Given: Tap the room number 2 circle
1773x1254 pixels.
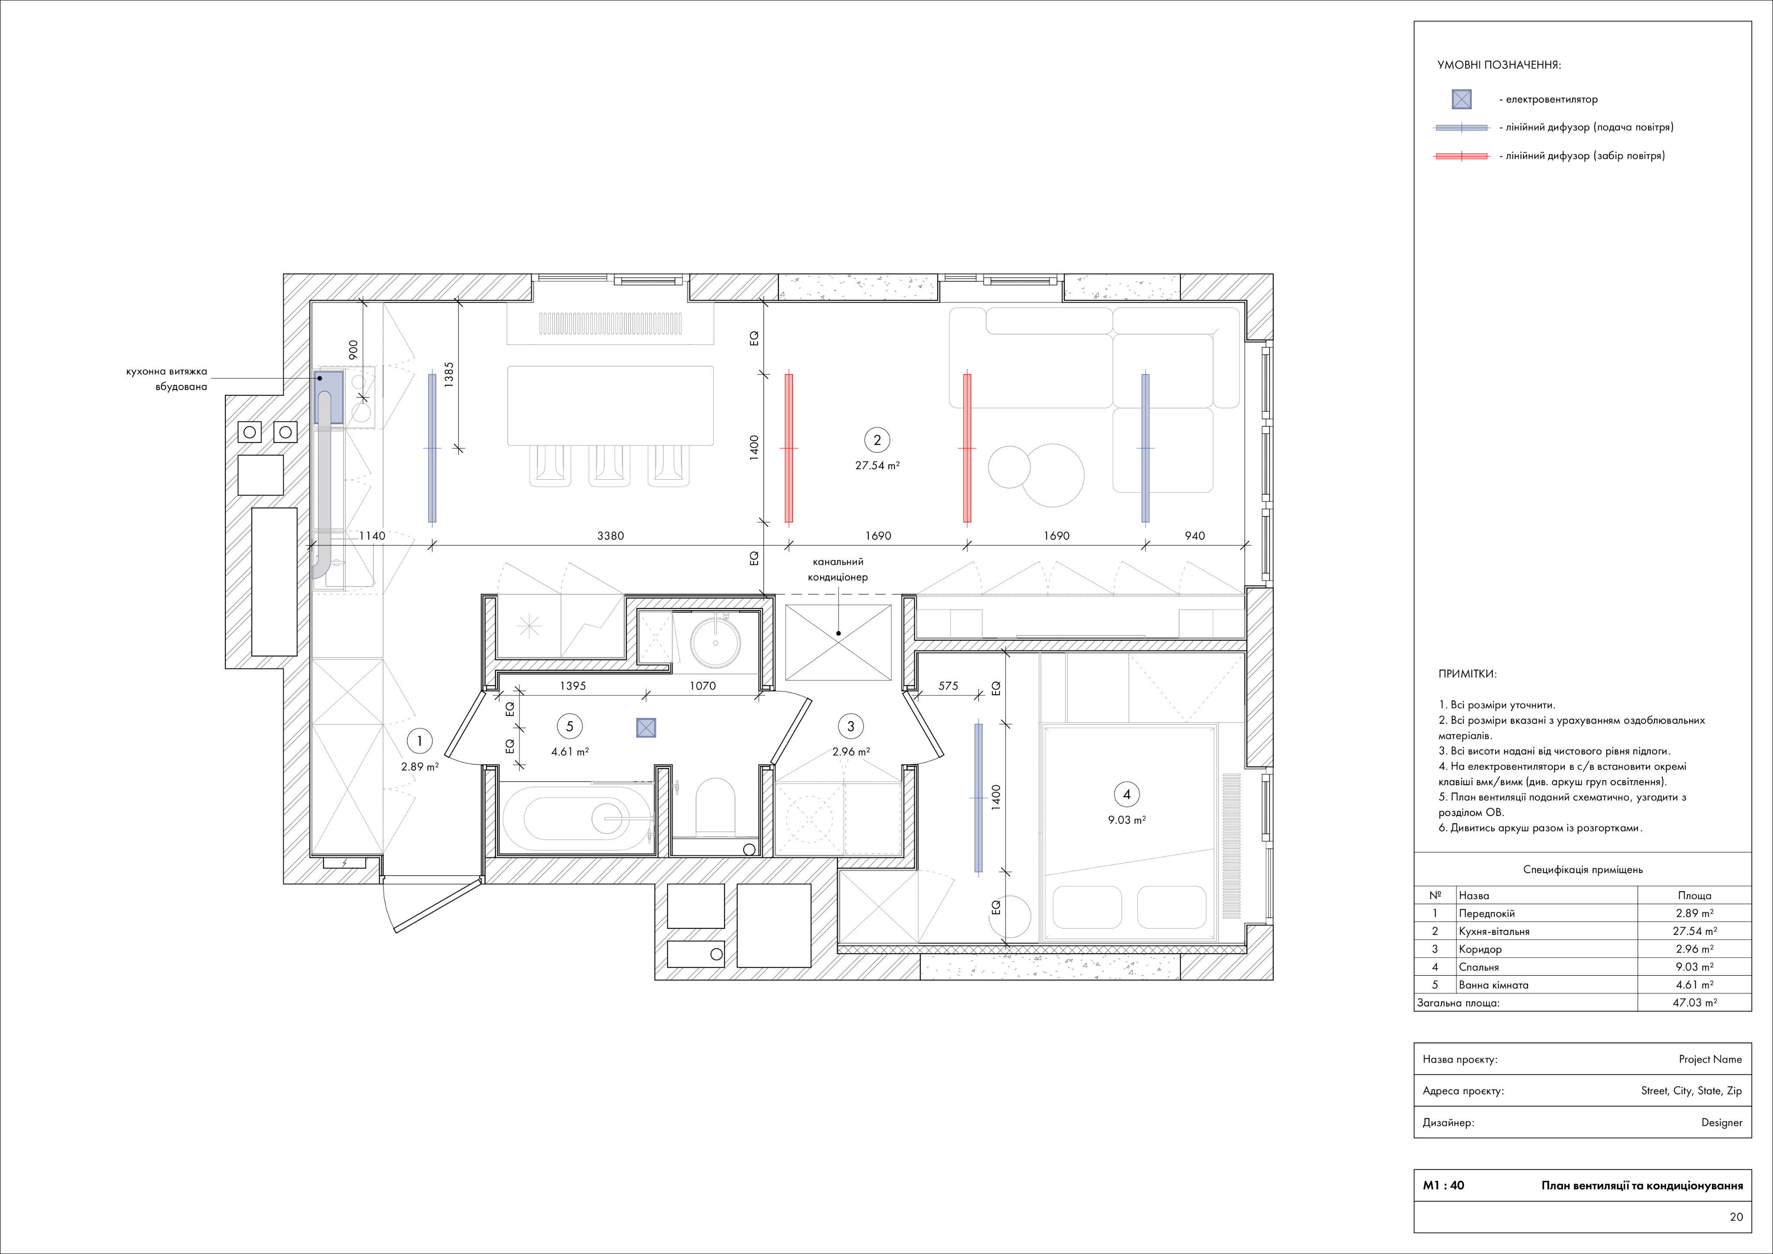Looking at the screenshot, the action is coord(877,440).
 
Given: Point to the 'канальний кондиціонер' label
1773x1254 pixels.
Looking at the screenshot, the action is coord(838,570).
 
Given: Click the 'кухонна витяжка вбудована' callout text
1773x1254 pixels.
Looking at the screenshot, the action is coord(167,379).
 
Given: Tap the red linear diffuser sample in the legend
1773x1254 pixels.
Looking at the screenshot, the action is coord(1461,156).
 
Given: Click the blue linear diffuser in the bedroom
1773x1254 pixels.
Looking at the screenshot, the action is coord(978,798).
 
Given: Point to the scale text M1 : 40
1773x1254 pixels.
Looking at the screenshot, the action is coord(1443,1185).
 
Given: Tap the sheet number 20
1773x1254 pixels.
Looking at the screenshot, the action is coord(1736,1217).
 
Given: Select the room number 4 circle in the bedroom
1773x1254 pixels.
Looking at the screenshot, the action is coord(1127,794).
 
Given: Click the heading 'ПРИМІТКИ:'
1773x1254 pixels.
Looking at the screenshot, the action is coord(1467,674).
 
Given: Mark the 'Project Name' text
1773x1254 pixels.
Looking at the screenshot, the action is coord(1710,1059).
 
